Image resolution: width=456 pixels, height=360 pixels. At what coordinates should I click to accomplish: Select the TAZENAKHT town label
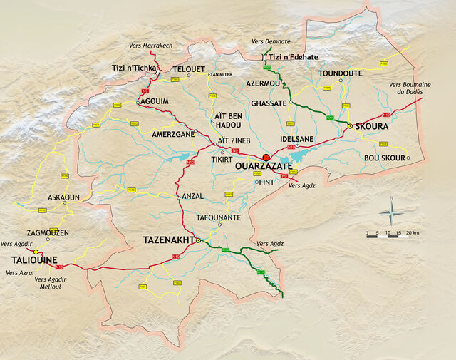169,240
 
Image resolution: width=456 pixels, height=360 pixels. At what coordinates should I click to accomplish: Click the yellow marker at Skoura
350,125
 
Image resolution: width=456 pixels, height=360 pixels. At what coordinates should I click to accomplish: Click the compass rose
390,212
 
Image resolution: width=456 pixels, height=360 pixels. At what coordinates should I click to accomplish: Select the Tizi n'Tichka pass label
133,68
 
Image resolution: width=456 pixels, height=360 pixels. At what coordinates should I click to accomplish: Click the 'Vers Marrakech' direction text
151,46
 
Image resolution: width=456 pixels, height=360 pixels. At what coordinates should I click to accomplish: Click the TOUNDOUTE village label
341,73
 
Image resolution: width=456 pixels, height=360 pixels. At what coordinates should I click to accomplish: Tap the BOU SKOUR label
384,158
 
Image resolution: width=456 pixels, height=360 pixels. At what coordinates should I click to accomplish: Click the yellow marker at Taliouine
36,252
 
